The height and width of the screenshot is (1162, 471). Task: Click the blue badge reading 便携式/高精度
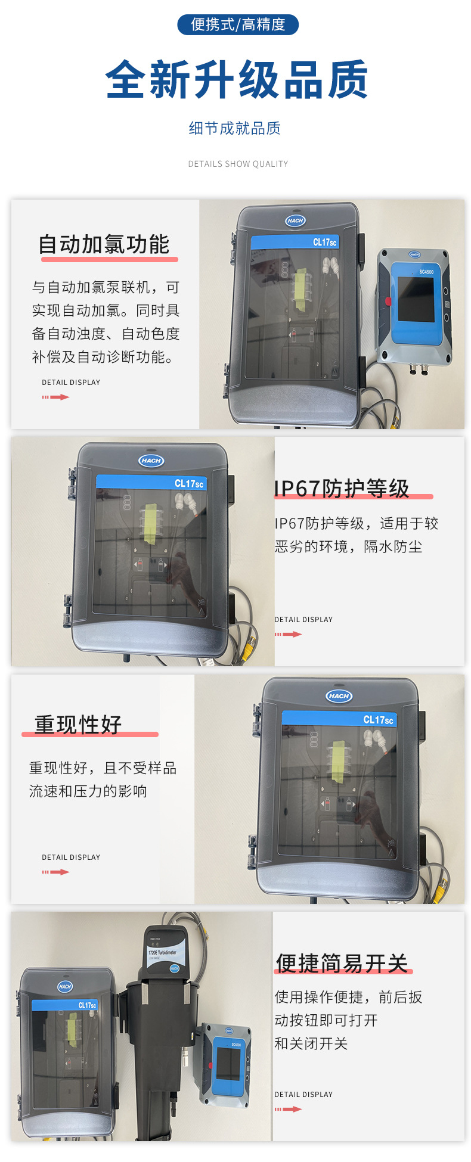(x=238, y=24)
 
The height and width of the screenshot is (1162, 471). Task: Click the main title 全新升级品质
(x=237, y=80)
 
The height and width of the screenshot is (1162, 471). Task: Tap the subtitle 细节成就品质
(x=234, y=128)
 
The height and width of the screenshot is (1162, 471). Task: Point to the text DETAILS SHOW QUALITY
(x=238, y=164)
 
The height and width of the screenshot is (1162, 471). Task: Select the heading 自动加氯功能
(x=104, y=244)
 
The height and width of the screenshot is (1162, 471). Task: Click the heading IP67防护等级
(x=342, y=488)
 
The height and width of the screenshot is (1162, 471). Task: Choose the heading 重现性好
(x=78, y=724)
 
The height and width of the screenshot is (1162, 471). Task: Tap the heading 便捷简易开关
(x=342, y=962)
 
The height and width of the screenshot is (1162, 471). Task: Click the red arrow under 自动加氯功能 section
(x=56, y=397)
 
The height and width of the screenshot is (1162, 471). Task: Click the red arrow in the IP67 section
(x=289, y=634)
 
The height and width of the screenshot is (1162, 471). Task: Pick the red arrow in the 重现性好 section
(x=56, y=872)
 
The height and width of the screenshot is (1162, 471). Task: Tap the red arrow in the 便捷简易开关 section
(x=289, y=1109)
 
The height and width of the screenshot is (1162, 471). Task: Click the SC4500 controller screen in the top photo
(x=416, y=299)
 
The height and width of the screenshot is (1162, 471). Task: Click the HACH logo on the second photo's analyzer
(x=151, y=460)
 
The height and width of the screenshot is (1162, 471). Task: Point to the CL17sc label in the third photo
(x=378, y=720)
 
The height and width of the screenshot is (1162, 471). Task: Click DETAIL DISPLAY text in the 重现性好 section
(x=71, y=857)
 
